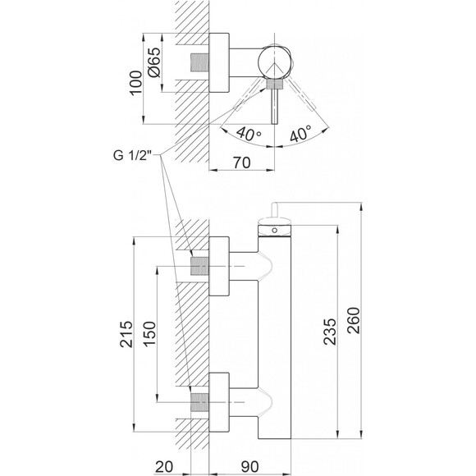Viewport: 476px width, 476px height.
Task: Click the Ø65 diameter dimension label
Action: pyautogui.click(x=154, y=62)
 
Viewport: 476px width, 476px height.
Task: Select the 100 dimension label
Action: pyautogui.click(x=135, y=83)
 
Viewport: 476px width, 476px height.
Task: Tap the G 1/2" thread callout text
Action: pyautogui.click(x=132, y=155)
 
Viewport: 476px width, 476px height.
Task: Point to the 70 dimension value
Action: pyautogui.click(x=242, y=162)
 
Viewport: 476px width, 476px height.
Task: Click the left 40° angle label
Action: pyautogui.click(x=249, y=134)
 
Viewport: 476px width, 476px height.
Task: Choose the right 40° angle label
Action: pyautogui.click(x=300, y=133)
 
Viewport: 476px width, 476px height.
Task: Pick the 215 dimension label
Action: pyautogui.click(x=126, y=334)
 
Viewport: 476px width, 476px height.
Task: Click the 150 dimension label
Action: pyautogui.click(x=149, y=334)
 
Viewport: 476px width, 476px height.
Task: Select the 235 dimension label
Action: pyautogui.click(x=330, y=332)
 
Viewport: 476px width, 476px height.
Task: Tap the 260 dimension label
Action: pyautogui.click(x=353, y=321)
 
